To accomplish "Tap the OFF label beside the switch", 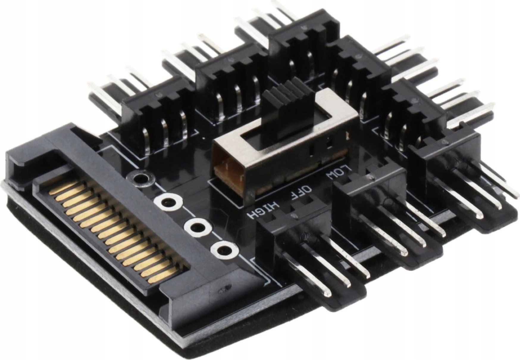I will click(x=301, y=192).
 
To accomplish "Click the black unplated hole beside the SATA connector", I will click(x=140, y=179).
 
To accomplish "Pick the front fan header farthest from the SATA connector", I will click(x=446, y=155).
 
